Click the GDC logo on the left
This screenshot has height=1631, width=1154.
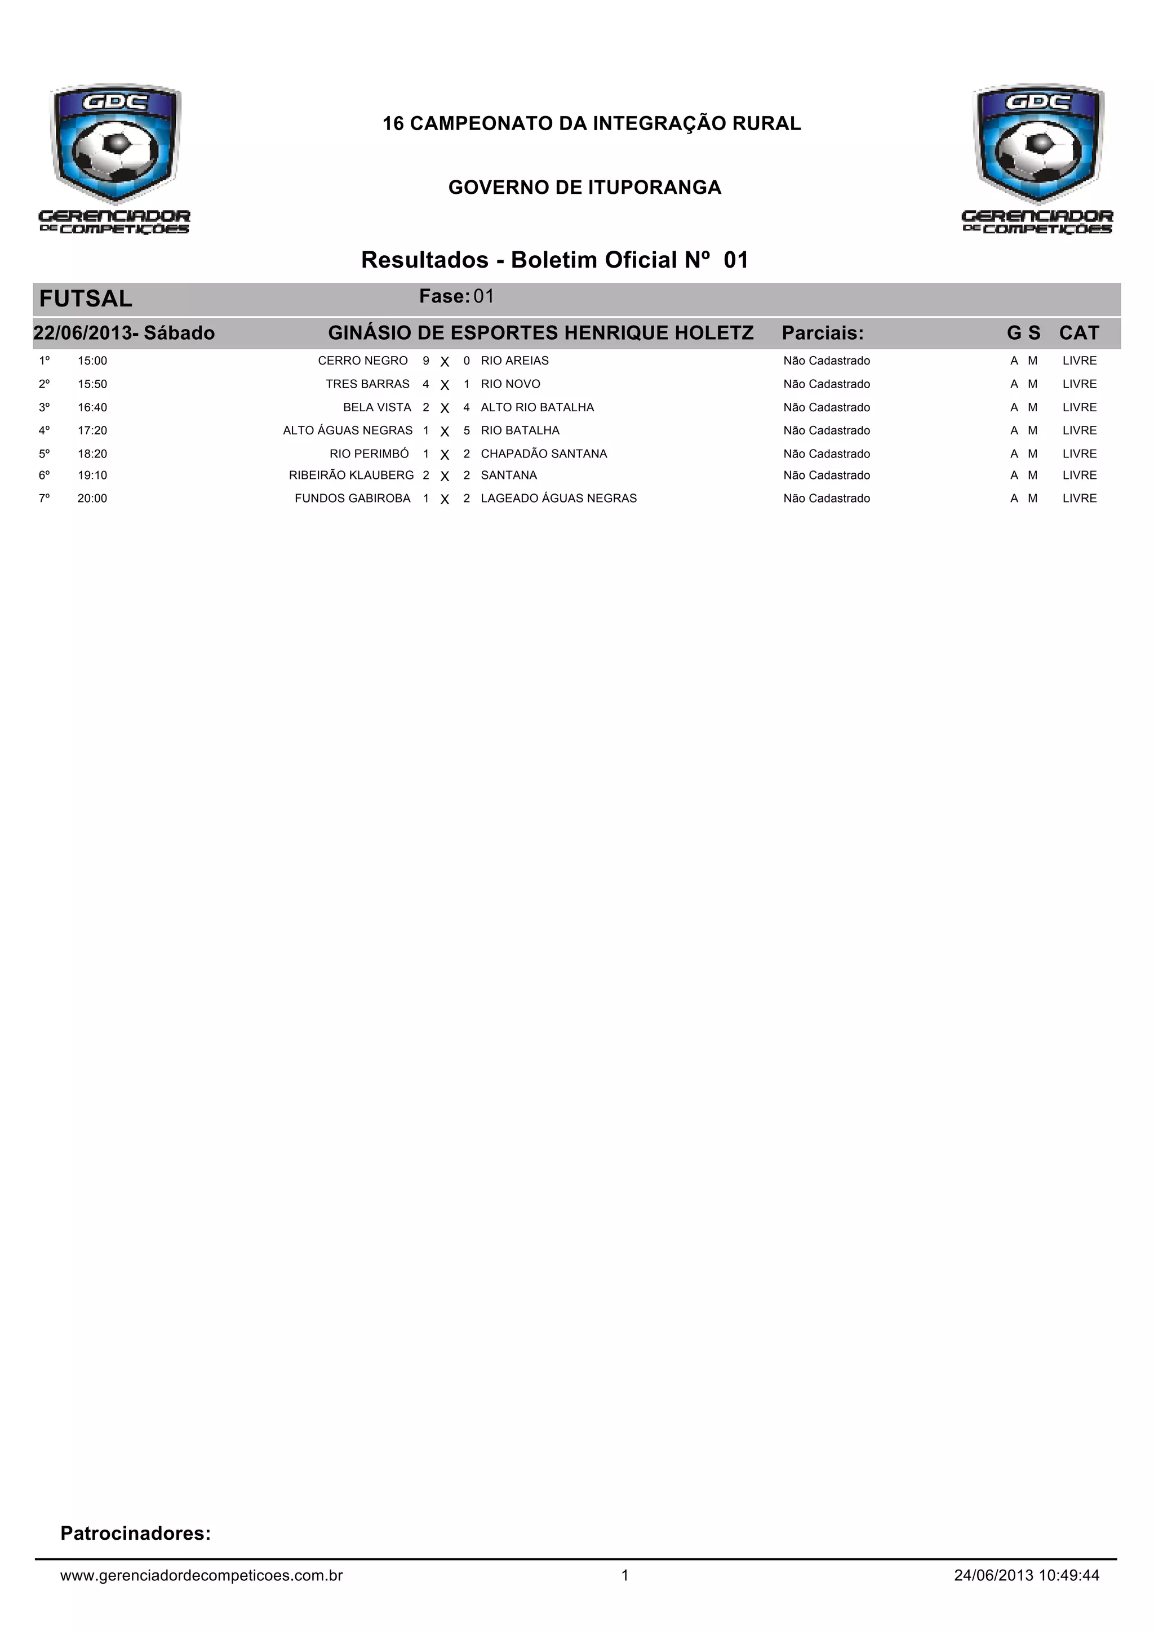(115, 158)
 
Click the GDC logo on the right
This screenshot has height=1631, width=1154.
(1037, 158)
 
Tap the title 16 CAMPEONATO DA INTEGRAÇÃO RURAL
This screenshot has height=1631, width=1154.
(591, 123)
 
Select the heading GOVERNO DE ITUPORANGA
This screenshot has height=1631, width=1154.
(585, 188)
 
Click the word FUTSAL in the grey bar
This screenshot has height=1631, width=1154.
(86, 299)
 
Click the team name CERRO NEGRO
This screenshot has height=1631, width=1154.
(362, 361)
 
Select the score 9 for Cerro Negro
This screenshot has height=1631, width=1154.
(425, 361)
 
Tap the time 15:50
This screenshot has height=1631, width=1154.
(92, 384)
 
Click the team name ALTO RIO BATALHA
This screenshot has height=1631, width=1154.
(537, 408)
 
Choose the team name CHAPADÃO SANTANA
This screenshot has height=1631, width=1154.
(544, 454)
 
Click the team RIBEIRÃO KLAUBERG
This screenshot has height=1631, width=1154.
(351, 475)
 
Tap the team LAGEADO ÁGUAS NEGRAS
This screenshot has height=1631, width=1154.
(558, 499)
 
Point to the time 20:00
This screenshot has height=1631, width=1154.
(92, 499)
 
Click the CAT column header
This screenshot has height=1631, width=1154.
(1078, 333)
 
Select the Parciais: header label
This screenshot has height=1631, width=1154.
(822, 333)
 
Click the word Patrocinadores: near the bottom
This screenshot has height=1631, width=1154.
(136, 1533)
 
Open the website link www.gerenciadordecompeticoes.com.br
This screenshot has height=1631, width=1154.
(201, 1576)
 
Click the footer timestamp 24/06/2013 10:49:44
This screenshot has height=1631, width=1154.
(1026, 1576)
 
